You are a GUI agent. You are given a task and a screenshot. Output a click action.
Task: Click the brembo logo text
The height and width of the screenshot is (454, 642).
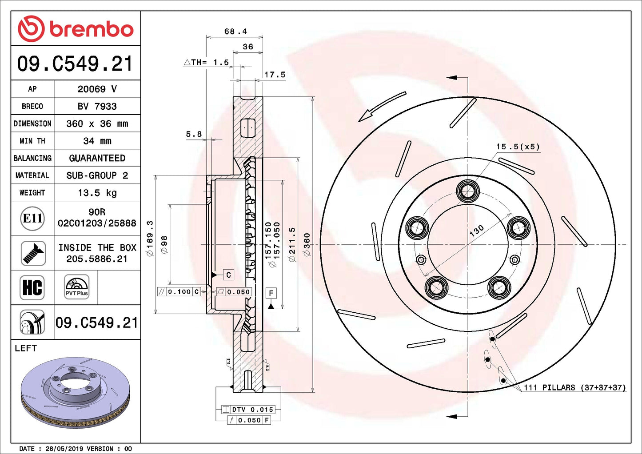tap(91, 29)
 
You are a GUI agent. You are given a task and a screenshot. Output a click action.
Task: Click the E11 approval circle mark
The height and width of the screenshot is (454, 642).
tap(32, 218)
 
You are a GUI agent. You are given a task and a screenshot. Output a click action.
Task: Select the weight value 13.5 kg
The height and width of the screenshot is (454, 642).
tap(97, 193)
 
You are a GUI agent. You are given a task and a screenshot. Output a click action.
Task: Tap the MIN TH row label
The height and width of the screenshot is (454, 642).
tap(32, 141)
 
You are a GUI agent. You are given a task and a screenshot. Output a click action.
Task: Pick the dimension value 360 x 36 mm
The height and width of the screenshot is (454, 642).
tap(97, 123)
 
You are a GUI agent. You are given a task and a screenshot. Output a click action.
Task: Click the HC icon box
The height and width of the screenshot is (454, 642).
tap(32, 287)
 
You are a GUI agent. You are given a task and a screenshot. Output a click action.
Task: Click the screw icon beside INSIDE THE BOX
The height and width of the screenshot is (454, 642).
tap(33, 253)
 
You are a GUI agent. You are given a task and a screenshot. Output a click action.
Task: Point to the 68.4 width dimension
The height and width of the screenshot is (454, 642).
tap(235, 31)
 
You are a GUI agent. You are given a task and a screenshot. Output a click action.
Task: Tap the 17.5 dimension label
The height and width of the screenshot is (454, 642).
tap(275, 75)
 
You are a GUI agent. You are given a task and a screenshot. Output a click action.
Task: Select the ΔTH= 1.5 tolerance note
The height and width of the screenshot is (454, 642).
tap(207, 63)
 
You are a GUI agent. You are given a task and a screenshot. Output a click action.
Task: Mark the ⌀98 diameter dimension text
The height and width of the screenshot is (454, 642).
tap(164, 244)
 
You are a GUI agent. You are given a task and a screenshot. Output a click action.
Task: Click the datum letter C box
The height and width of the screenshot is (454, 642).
tap(228, 275)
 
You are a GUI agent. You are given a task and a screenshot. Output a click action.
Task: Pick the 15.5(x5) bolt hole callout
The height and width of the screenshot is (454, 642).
tap(518, 147)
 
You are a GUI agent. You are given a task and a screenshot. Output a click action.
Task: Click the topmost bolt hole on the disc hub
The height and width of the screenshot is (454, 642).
tap(467, 191)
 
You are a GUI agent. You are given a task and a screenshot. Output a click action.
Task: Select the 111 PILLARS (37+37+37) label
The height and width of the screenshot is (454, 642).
tap(574, 387)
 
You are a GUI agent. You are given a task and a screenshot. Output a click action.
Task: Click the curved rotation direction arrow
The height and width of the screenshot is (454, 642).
tap(382, 106)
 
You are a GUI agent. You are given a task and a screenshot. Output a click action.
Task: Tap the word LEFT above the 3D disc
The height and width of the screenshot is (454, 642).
tap(26, 348)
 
